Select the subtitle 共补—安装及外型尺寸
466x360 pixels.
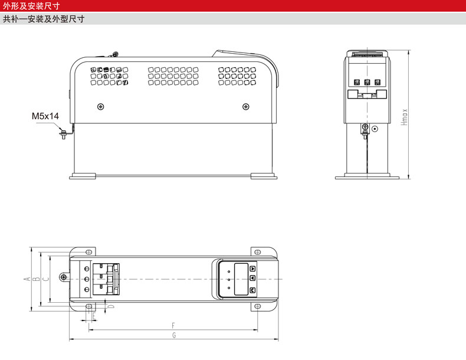44,19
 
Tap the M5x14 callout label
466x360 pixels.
45,116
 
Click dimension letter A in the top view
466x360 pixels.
27,278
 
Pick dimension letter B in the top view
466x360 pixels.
36,278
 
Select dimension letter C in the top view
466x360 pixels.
47,278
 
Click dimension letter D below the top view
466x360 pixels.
111,306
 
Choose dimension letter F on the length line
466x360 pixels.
173,325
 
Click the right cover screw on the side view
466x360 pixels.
245,106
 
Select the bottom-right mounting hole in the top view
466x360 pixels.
257,306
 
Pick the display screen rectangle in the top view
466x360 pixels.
241,279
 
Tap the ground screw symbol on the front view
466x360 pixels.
365,127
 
